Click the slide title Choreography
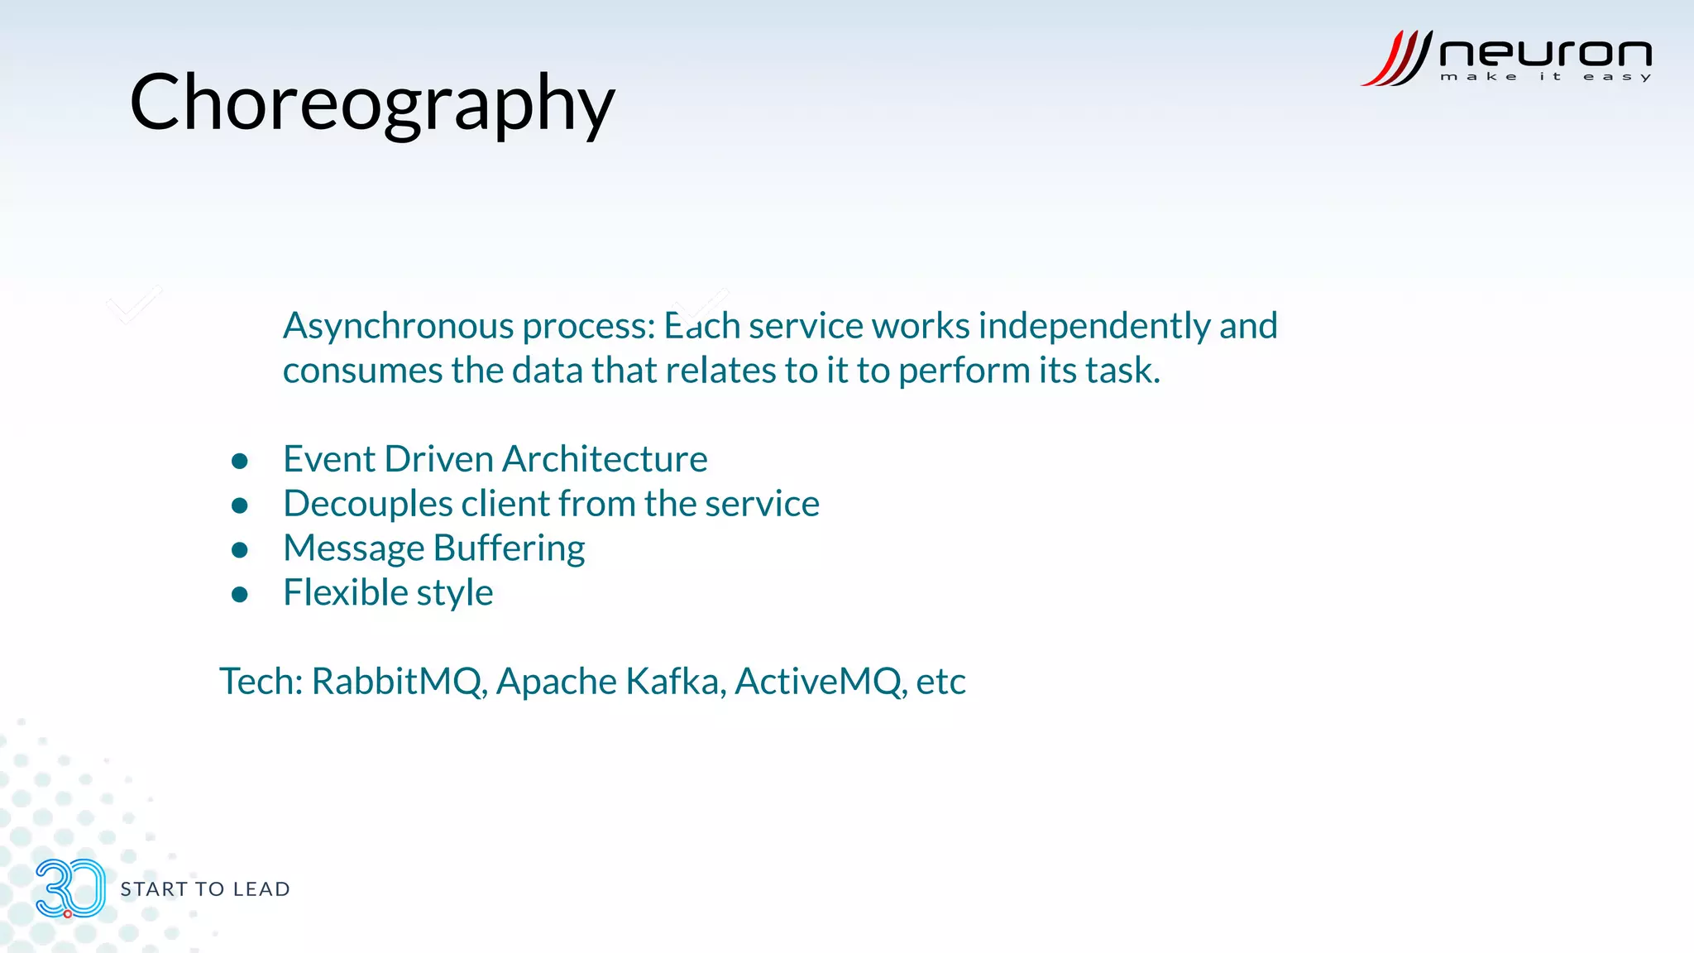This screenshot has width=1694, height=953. (x=372, y=103)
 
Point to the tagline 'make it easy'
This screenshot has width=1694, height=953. (x=1545, y=77)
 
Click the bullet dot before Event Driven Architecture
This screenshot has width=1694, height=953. (x=240, y=462)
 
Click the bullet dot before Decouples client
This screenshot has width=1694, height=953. (x=240, y=506)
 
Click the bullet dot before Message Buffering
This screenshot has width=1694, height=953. (x=240, y=551)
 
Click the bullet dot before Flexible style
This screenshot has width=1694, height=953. (x=240, y=595)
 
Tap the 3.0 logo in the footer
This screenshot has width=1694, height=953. (x=70, y=888)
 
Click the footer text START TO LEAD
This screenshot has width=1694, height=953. (x=205, y=889)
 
